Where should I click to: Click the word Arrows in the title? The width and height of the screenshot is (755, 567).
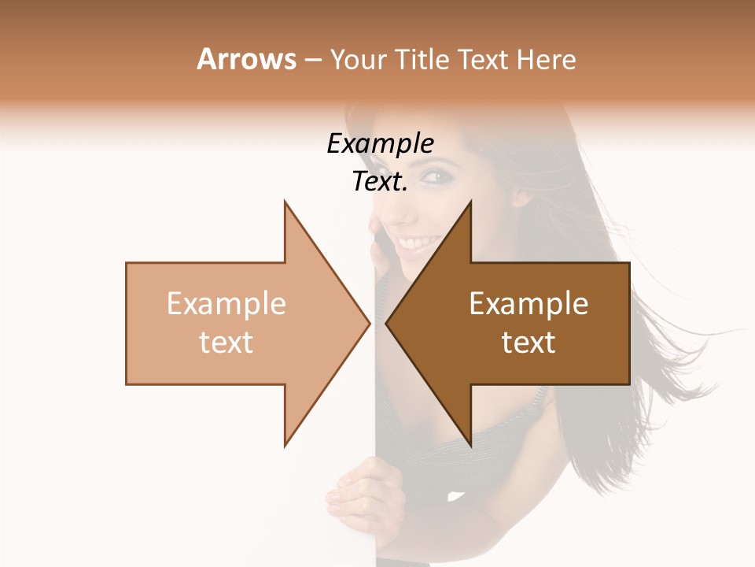click(246, 59)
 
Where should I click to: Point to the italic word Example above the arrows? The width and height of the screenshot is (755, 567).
click(380, 144)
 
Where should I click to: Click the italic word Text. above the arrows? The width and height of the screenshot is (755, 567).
click(380, 182)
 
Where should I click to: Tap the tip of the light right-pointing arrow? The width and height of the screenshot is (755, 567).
click(369, 323)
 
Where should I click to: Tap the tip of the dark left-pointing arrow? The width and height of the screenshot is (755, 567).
click(387, 323)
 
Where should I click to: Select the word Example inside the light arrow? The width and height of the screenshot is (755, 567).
click(226, 304)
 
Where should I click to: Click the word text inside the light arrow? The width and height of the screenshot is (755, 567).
click(226, 343)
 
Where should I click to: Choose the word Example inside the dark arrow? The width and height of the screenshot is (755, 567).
click(528, 304)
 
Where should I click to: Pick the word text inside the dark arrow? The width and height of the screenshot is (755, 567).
click(528, 343)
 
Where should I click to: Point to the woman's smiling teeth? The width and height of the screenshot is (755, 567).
click(418, 239)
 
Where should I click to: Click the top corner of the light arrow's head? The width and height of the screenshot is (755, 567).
click(285, 202)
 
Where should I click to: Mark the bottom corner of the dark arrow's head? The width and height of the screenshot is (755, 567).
click(470, 447)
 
